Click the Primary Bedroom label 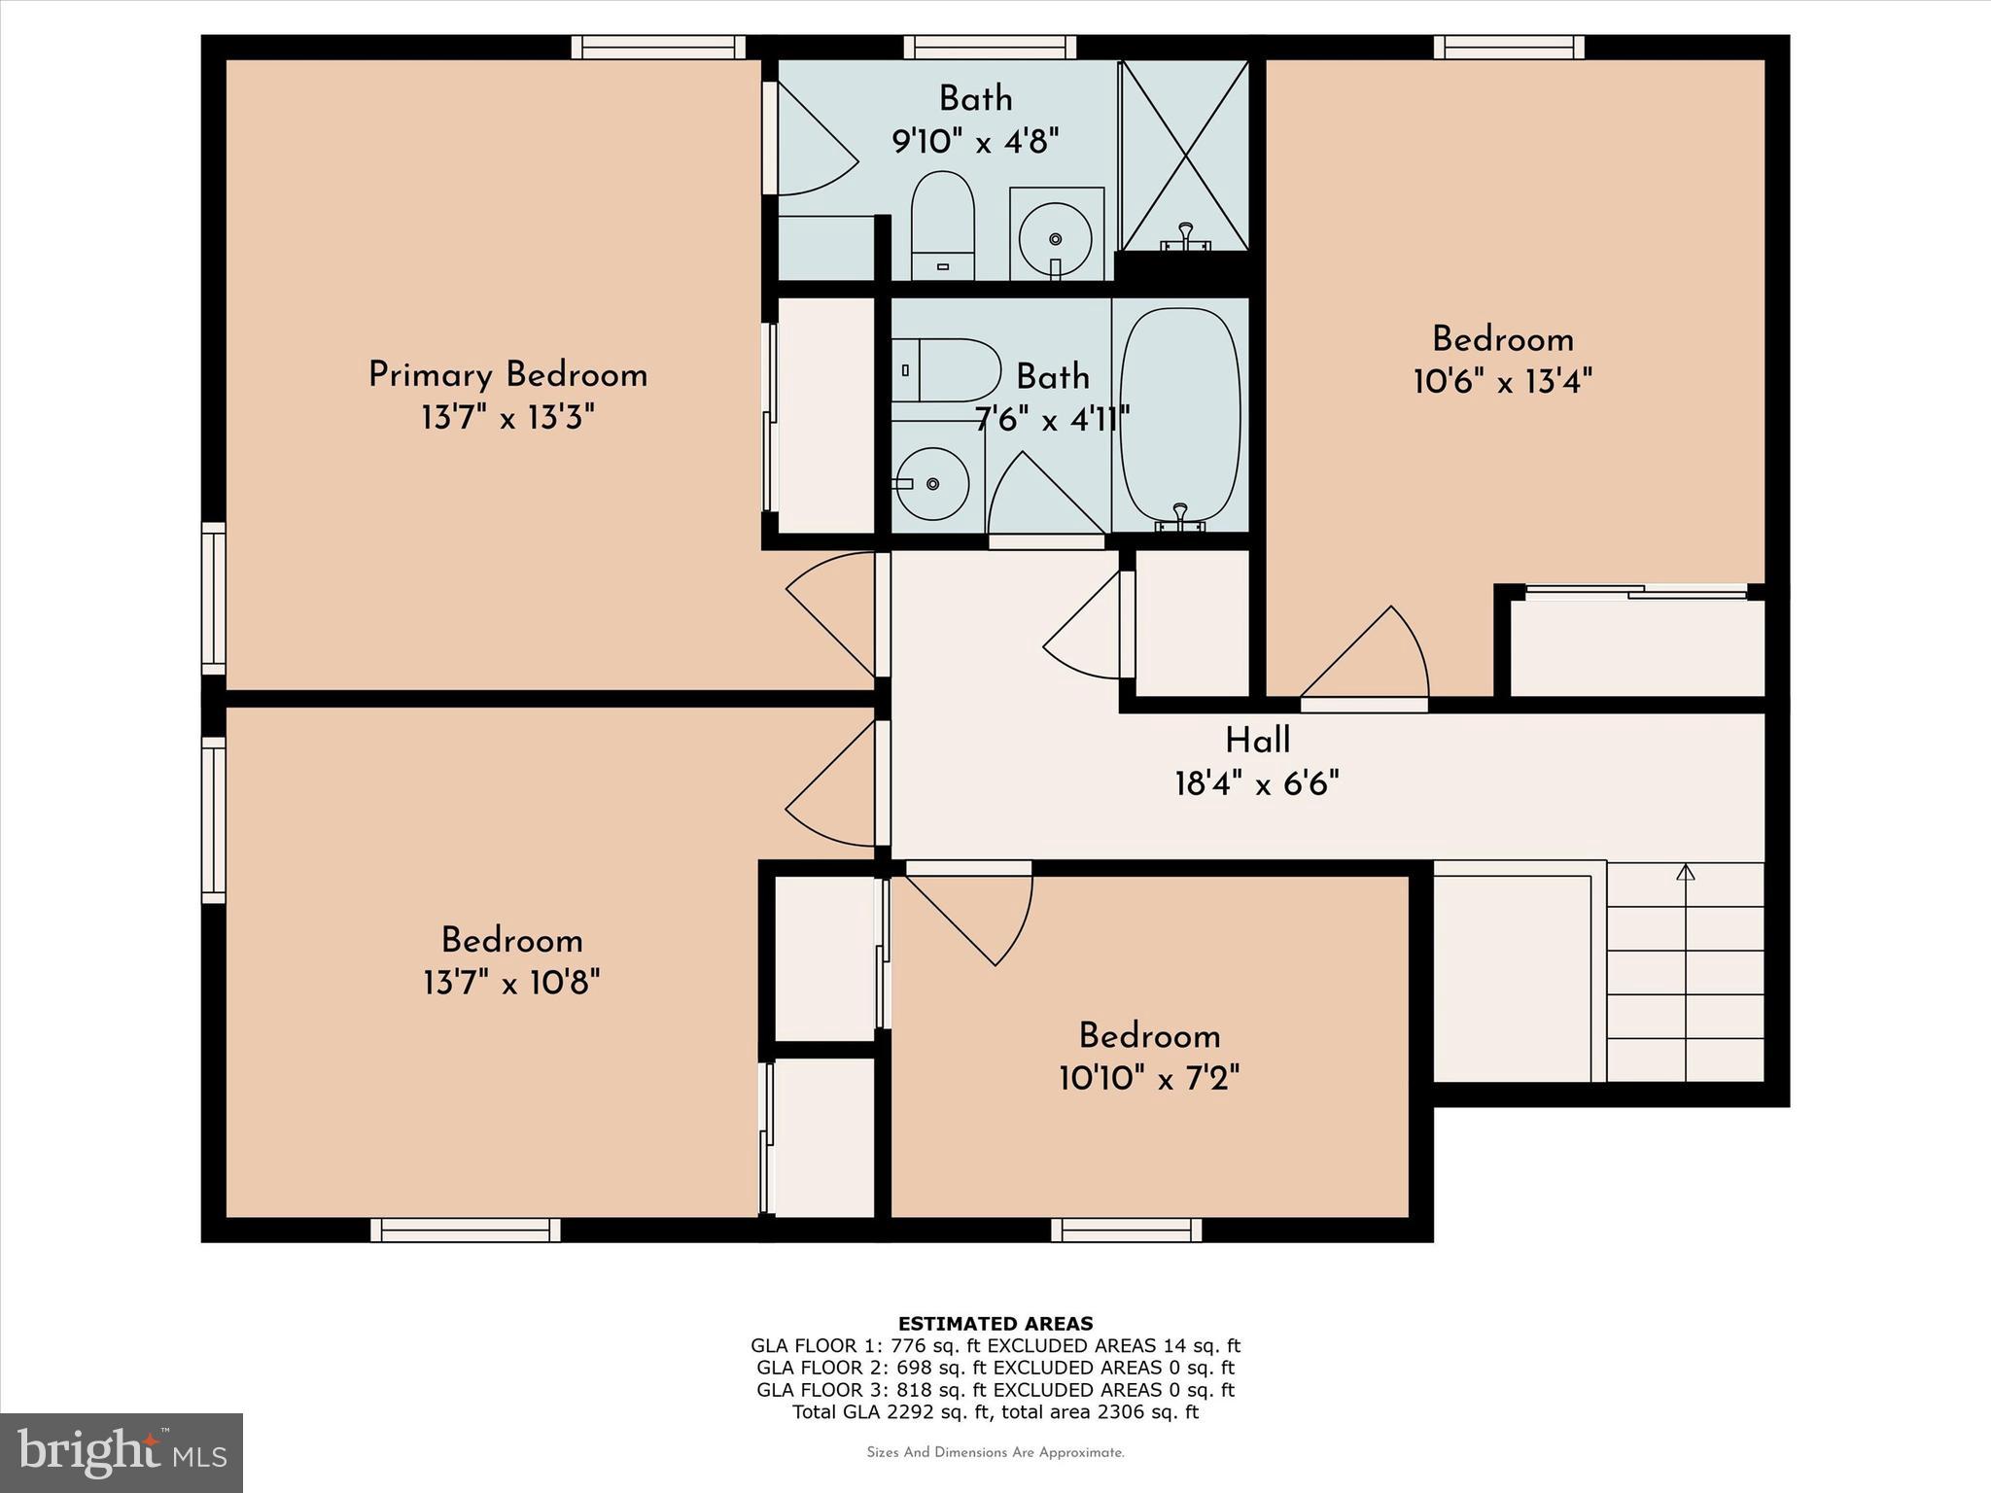point(507,375)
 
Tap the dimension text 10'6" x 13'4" point(1502,382)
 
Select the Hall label point(1257,741)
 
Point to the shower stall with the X point(1185,156)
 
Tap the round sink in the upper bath point(1056,236)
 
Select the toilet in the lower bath point(947,370)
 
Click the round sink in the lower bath point(932,483)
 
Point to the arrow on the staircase point(1686,873)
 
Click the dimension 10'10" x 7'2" point(1149,1078)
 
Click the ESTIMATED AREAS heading point(995,1323)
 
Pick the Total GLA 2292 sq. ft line point(995,1411)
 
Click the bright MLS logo point(122,1452)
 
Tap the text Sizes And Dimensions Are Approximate point(995,1452)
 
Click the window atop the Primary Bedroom point(658,47)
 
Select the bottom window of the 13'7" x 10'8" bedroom point(466,1230)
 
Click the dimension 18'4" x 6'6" point(1257,783)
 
